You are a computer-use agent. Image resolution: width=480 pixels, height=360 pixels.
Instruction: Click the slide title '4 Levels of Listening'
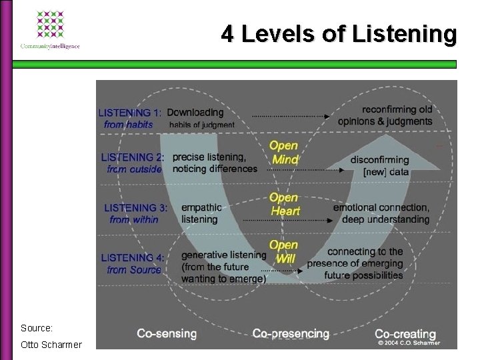click(x=339, y=34)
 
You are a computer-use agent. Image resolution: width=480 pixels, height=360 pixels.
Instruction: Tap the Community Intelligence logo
click(x=50, y=30)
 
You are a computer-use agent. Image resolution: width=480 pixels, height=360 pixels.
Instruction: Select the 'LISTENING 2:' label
click(x=133, y=157)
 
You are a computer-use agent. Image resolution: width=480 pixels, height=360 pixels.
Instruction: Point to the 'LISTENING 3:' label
click(x=135, y=208)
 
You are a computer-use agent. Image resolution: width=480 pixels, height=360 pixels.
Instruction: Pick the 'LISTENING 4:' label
click(x=132, y=257)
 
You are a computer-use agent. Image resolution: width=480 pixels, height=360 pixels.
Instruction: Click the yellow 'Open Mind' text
click(x=285, y=153)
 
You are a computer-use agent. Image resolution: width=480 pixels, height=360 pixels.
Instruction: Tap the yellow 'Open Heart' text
click(x=285, y=204)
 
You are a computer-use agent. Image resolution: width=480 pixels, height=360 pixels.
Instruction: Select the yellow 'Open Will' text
click(x=283, y=251)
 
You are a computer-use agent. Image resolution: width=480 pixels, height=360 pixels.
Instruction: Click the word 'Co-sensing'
click(x=167, y=333)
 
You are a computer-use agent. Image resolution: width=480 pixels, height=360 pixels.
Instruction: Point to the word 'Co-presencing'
click(x=291, y=333)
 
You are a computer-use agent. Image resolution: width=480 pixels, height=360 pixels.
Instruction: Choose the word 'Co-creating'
click(x=405, y=333)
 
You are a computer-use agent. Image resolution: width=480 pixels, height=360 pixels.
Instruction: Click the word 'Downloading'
click(x=195, y=112)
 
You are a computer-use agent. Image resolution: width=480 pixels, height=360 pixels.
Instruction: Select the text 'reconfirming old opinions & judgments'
click(x=385, y=115)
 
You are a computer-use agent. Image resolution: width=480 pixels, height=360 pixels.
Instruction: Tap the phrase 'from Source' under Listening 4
click(x=134, y=270)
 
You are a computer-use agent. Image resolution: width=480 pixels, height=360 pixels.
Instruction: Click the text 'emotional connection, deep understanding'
click(x=381, y=213)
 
